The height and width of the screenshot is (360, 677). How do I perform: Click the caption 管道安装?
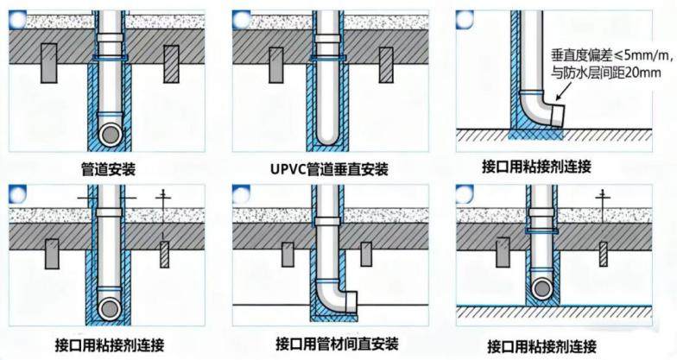tap(109, 169)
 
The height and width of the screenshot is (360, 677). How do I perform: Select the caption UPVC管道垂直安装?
tap(330, 169)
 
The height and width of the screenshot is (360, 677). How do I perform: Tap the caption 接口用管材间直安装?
tap(337, 344)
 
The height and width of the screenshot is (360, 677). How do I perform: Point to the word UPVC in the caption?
tap(288, 169)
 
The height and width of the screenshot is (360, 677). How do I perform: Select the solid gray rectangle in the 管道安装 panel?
tap(49, 63)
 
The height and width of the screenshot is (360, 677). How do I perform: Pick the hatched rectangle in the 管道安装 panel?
tap(171, 64)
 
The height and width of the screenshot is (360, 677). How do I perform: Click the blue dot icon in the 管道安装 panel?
tap(19, 20)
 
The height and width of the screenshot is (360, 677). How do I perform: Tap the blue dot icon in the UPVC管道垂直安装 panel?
tap(242, 20)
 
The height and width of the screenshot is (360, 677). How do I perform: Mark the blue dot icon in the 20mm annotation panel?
tap(465, 20)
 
